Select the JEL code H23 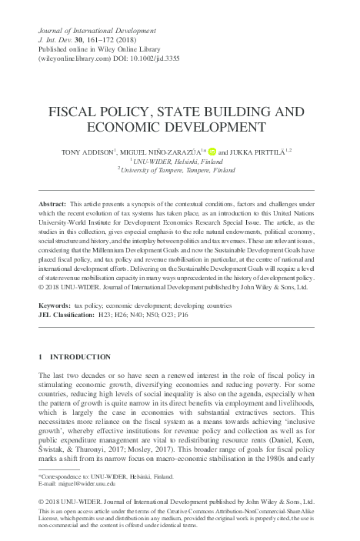coord(122,315)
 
